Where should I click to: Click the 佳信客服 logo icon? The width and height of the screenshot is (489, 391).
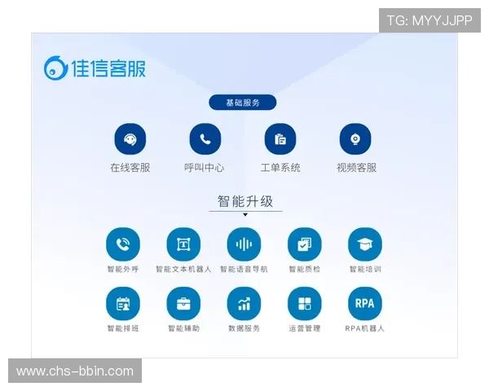tap(55, 68)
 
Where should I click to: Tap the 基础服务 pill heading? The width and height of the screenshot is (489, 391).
tap(242, 103)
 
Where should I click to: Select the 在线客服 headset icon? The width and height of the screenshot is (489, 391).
tap(130, 139)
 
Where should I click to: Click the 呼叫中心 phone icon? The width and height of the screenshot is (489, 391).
tap(205, 139)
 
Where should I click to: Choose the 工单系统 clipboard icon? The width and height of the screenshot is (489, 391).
tap(280, 139)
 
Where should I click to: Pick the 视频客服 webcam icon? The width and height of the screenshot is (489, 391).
tap(356, 139)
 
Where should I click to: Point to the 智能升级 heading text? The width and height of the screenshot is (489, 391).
tap(244, 200)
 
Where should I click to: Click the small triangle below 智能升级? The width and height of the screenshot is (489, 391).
tap(244, 215)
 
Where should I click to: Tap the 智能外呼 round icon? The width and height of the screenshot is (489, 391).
tap(123, 244)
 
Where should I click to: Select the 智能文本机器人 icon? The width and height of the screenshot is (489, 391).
tap(183, 244)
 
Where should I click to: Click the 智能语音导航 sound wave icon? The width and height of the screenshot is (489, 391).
tap(244, 244)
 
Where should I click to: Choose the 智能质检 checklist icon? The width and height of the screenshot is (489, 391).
tap(304, 244)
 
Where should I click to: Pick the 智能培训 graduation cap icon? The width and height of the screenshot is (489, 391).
tap(364, 244)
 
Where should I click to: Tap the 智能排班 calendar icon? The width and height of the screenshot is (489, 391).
tap(123, 304)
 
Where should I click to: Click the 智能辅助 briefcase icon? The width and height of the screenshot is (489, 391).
tap(183, 304)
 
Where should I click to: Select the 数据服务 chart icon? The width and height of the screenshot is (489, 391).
tap(244, 304)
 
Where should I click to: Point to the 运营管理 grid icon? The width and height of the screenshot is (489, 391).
tap(304, 304)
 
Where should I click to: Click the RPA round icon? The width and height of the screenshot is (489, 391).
tap(364, 304)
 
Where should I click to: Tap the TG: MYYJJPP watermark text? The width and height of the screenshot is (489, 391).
tap(430, 20)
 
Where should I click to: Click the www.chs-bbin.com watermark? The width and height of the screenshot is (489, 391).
tap(75, 371)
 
